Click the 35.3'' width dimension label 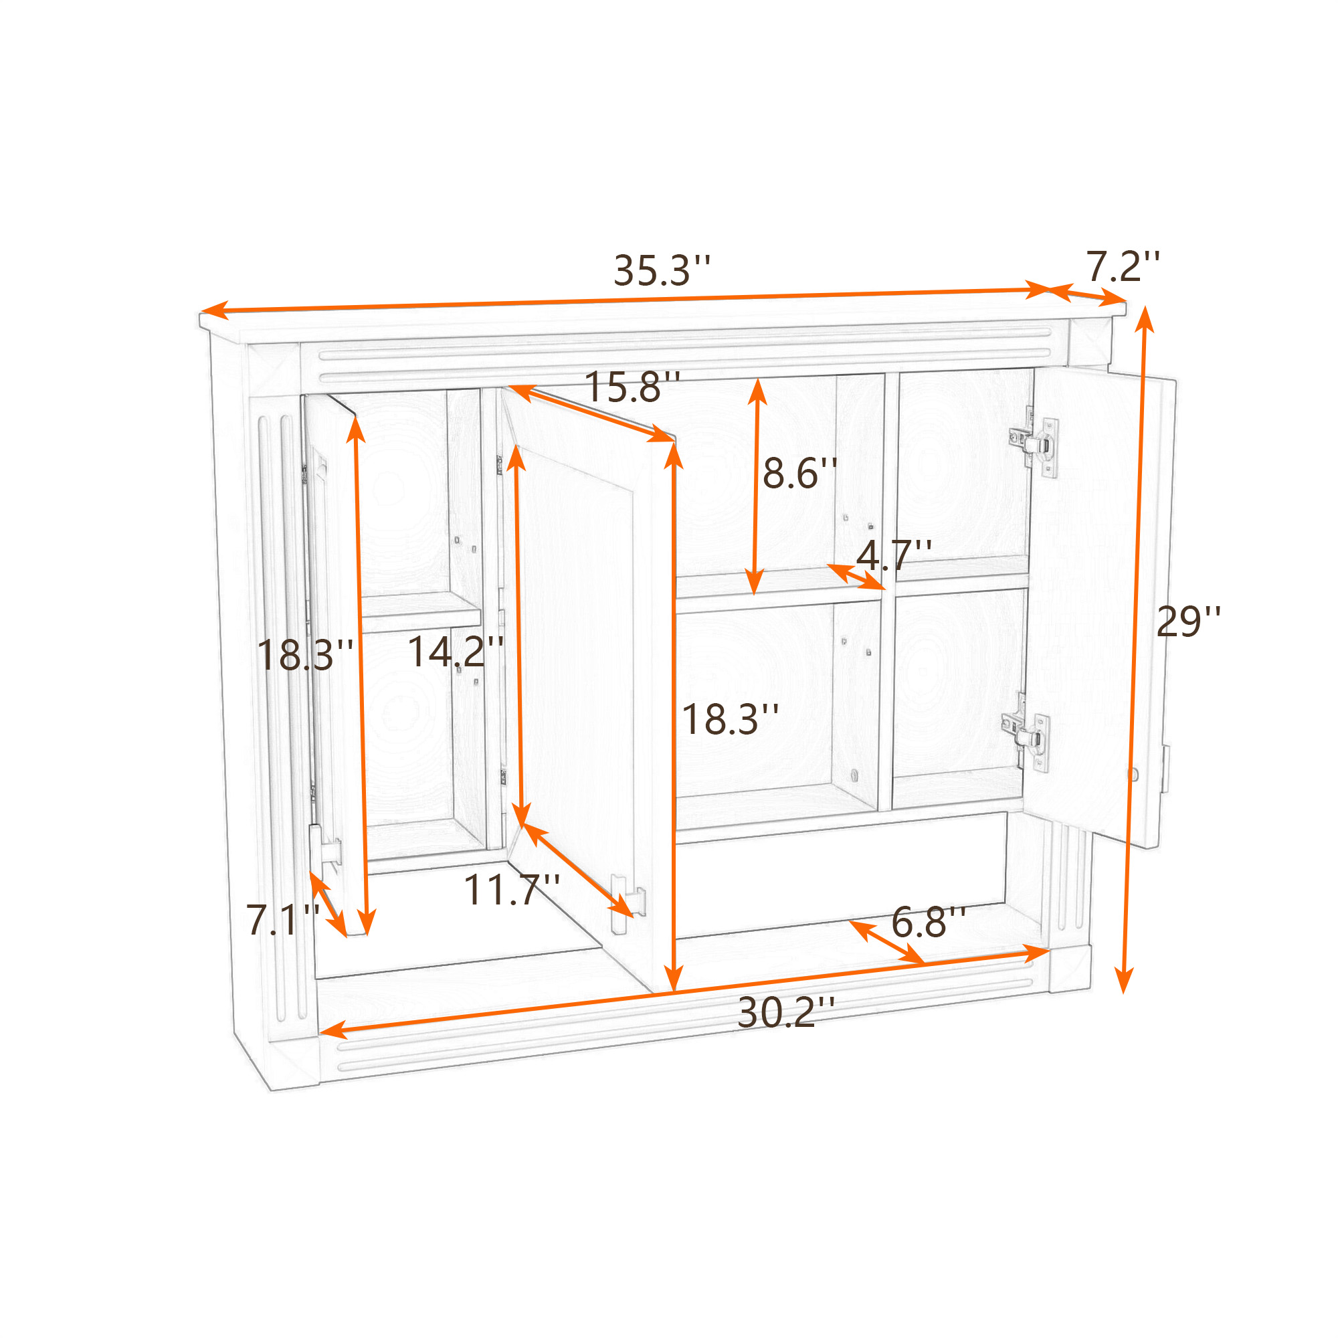point(662,271)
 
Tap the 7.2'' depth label point(1123,267)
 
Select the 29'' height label point(1188,622)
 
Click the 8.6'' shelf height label point(800,474)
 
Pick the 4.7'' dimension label point(894,555)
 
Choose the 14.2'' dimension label point(455,652)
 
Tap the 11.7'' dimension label point(511,890)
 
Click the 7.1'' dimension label point(282,921)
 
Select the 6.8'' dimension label point(928,922)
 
